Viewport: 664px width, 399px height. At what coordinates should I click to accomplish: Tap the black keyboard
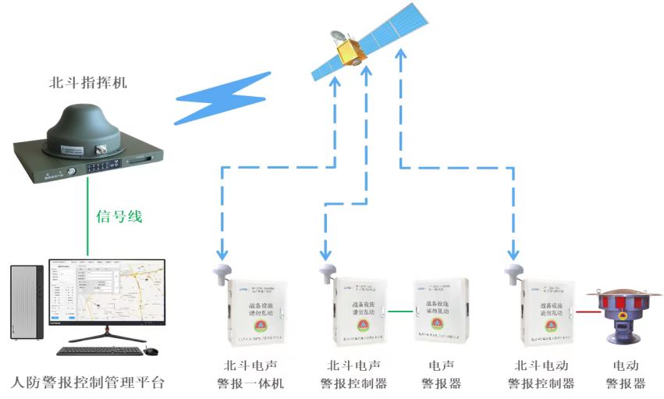[99, 351]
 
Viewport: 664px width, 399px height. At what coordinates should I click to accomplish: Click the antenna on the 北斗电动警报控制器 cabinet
[514, 272]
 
